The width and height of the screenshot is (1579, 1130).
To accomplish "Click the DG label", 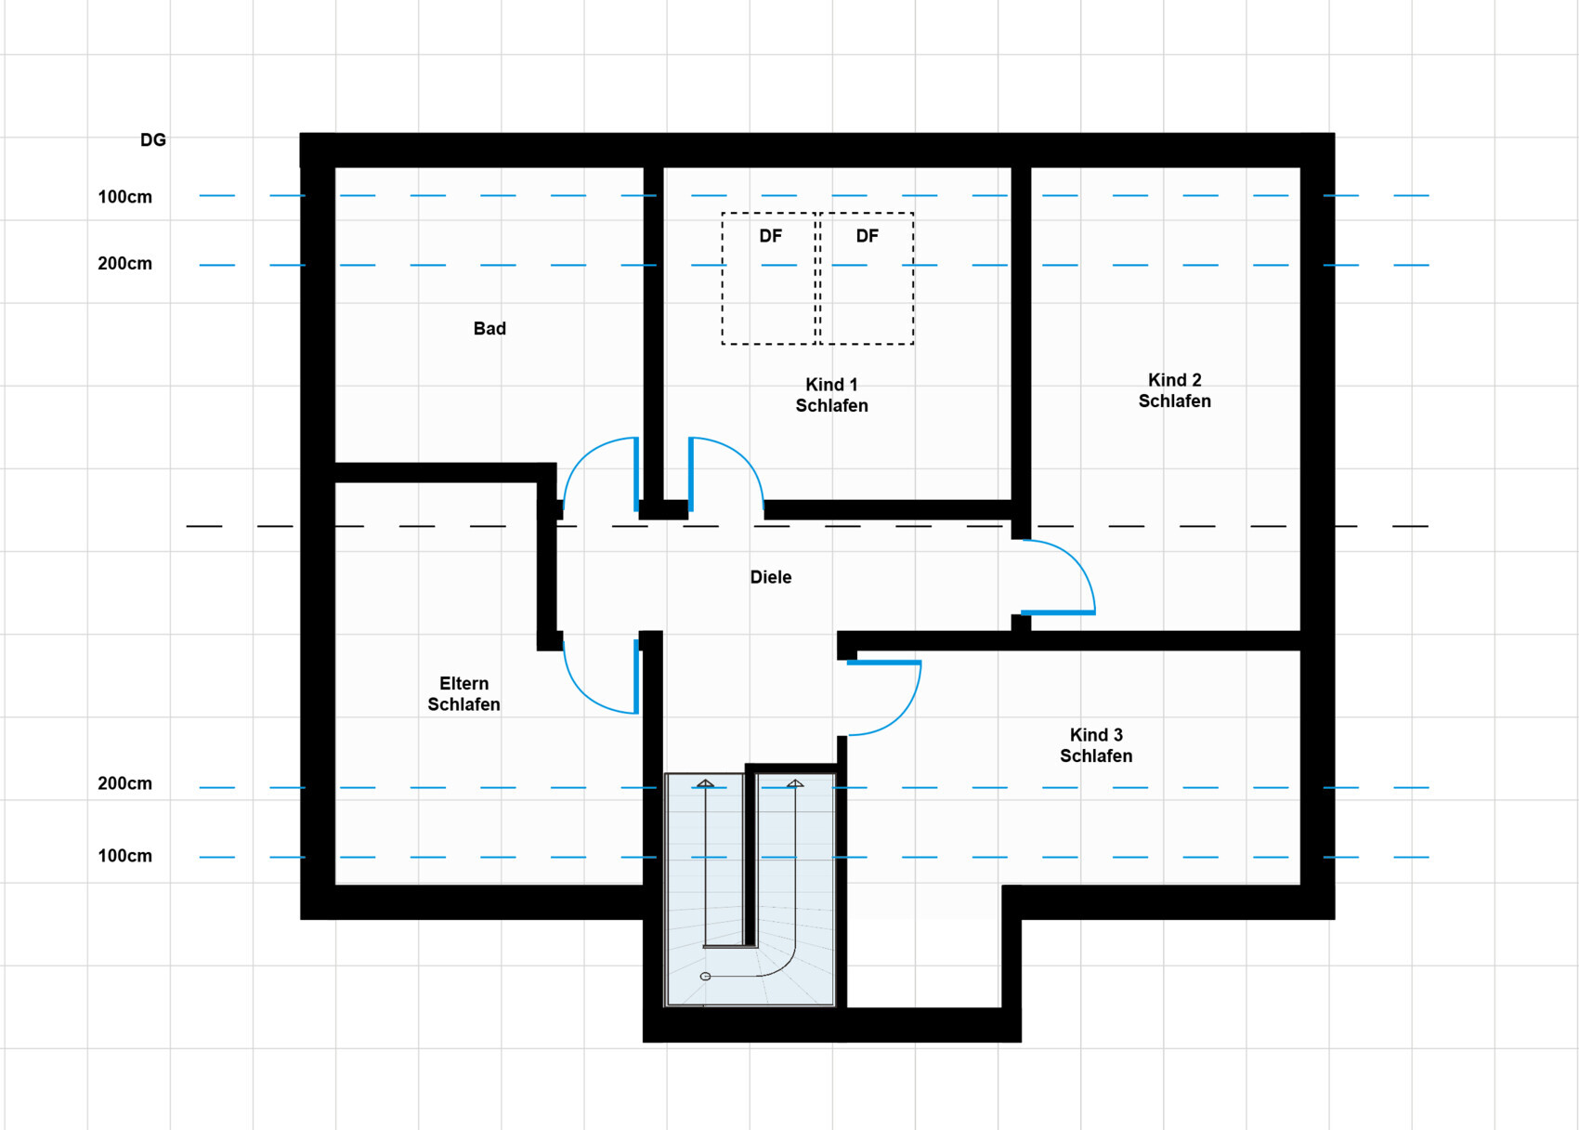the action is point(153,139).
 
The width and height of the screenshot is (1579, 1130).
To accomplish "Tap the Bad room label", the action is point(489,329).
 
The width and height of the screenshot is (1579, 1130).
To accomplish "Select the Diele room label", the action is point(771,577).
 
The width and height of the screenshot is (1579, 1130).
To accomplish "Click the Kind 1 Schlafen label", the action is point(832,395).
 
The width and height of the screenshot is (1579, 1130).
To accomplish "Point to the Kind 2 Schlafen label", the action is point(1174,390).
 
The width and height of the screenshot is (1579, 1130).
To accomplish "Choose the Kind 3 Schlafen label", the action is point(1096,745).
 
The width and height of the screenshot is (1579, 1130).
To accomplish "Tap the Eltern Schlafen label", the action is point(463,693).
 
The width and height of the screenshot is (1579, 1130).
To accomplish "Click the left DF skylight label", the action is point(771,236).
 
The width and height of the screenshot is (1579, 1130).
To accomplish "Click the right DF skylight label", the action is point(867,236).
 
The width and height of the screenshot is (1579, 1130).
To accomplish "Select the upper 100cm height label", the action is point(124,197).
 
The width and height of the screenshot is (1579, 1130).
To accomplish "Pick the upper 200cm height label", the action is point(124,263).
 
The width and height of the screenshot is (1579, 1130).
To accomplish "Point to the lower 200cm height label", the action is point(124,783).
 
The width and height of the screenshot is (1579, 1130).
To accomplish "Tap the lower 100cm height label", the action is point(124,856).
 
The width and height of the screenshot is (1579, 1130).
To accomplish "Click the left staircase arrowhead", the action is point(706,783).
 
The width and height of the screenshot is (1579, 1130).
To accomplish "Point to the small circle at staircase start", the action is point(705,977).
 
